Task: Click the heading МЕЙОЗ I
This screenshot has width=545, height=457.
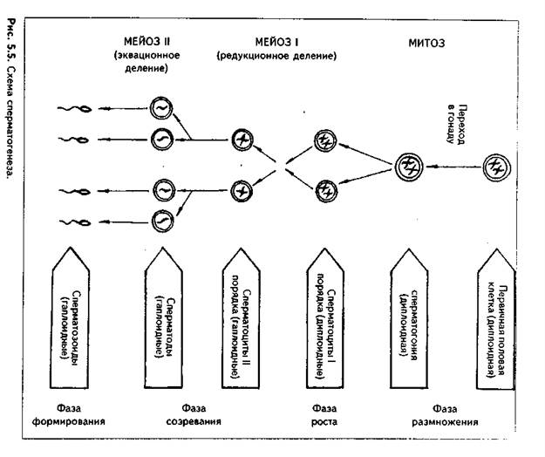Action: [x=276, y=41]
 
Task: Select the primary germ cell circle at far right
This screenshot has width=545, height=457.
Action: [x=496, y=164]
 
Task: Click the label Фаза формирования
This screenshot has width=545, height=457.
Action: [x=78, y=413]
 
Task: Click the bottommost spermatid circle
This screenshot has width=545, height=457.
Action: [x=161, y=220]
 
